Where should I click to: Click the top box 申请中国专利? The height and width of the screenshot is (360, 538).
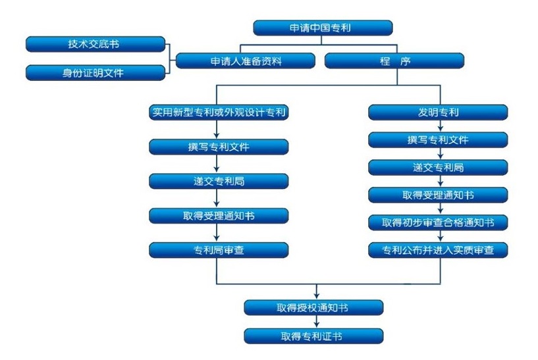click(323, 28)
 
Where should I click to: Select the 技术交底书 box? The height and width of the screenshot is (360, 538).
click(95, 44)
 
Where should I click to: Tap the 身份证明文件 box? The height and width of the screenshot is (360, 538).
click(95, 72)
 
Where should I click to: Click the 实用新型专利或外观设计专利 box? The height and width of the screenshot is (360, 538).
click(219, 112)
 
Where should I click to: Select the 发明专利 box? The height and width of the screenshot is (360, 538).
click(438, 112)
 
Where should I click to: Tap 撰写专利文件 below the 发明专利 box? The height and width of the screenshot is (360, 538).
click(438, 140)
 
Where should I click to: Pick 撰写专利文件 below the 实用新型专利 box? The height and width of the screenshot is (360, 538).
click(219, 146)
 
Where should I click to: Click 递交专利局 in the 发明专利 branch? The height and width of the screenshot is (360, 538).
click(438, 167)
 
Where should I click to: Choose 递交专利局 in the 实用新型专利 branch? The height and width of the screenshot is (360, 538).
click(219, 181)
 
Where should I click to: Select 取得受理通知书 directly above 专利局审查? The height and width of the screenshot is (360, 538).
click(219, 215)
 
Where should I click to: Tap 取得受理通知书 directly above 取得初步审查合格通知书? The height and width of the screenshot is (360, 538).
click(438, 195)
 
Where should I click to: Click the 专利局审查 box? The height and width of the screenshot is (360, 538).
click(219, 249)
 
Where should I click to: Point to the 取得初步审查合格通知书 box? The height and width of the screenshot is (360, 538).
click(438, 222)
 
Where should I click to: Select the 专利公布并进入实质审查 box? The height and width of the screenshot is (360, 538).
click(438, 249)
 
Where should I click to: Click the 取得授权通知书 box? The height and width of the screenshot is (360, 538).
click(313, 307)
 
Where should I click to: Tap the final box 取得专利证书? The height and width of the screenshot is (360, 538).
click(313, 336)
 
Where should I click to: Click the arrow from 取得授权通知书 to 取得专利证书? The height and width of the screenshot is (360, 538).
click(317, 322)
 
